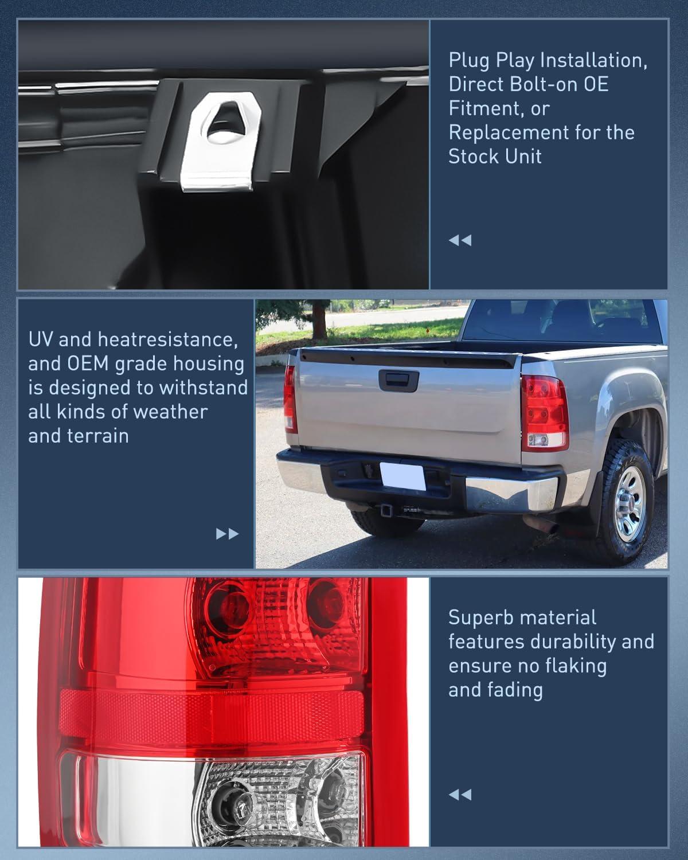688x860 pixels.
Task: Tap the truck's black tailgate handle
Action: point(398,378)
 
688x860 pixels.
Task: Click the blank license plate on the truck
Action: point(403,475)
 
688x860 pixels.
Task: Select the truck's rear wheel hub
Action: point(631,505)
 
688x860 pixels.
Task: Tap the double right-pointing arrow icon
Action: point(227,534)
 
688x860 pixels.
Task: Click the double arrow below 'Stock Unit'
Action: point(460,240)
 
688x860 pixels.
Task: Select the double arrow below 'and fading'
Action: point(460,795)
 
